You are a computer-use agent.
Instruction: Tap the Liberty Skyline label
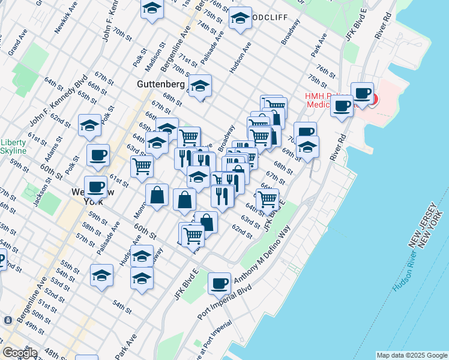click(13, 146)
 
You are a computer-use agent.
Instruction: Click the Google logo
click(20, 352)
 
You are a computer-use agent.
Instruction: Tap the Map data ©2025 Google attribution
click(411, 355)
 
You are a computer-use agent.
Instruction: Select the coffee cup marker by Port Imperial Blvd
click(219, 282)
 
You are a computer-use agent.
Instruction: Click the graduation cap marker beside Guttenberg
click(200, 86)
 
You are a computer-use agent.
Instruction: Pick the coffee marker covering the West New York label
click(95, 185)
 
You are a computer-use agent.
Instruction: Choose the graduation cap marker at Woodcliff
click(240, 18)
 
